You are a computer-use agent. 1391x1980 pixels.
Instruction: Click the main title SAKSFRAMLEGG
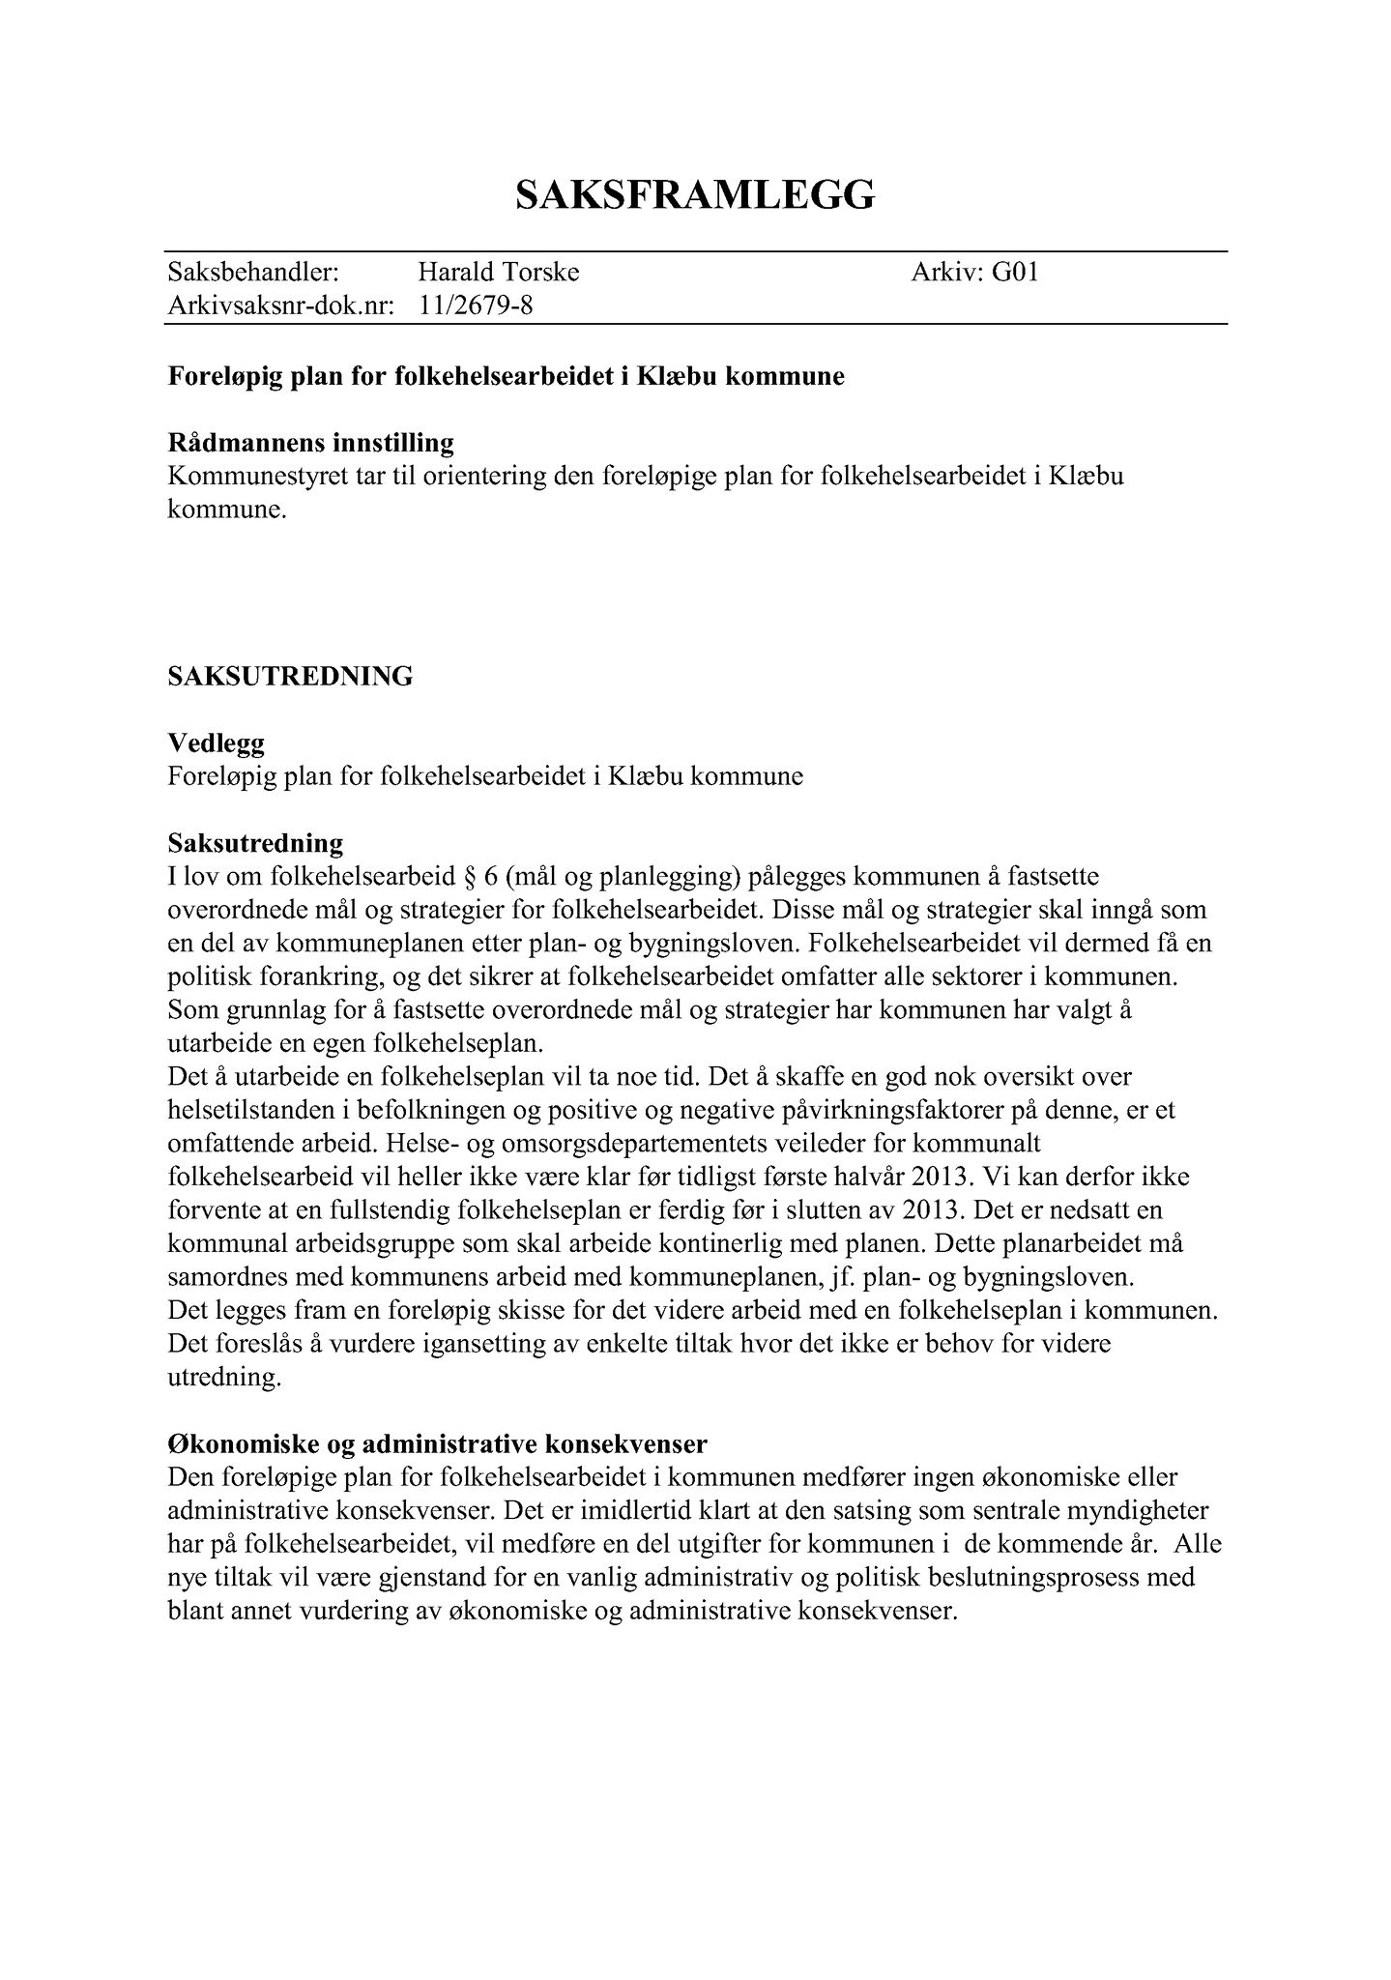pyautogui.click(x=695, y=195)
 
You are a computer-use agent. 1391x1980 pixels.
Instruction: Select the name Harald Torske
pyautogui.click(x=498, y=273)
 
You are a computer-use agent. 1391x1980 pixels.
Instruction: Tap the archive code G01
pyautogui.click(x=1015, y=273)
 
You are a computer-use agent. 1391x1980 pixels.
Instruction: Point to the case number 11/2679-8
pyautogui.click(x=476, y=306)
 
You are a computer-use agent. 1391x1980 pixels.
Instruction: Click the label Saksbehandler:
pyautogui.click(x=252, y=273)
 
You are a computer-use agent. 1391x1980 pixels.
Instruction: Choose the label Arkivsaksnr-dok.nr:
pyautogui.click(x=281, y=306)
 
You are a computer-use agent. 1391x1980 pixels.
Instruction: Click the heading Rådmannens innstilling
pyautogui.click(x=310, y=444)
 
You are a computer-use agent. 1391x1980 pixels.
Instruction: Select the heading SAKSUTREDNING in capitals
pyautogui.click(x=290, y=676)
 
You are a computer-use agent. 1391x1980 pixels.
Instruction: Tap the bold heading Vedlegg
pyautogui.click(x=216, y=743)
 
